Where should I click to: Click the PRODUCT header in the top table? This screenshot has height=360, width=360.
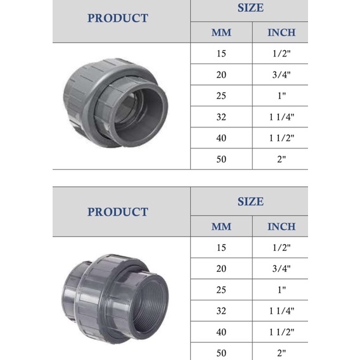coord(118,18)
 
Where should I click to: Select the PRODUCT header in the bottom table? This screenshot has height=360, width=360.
coord(118,212)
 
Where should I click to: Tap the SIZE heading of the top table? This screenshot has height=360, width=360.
coord(250,8)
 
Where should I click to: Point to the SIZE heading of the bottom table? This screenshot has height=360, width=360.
coord(250,202)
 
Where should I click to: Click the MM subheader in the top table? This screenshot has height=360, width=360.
coord(221,32)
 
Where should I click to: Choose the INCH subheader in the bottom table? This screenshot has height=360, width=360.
coord(281,226)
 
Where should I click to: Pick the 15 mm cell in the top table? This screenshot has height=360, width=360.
coord(221,53)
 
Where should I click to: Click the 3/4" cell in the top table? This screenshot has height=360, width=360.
coord(281,75)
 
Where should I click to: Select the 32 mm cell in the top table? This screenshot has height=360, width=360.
coord(221,117)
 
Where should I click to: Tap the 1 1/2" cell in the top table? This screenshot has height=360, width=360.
coord(281,138)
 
